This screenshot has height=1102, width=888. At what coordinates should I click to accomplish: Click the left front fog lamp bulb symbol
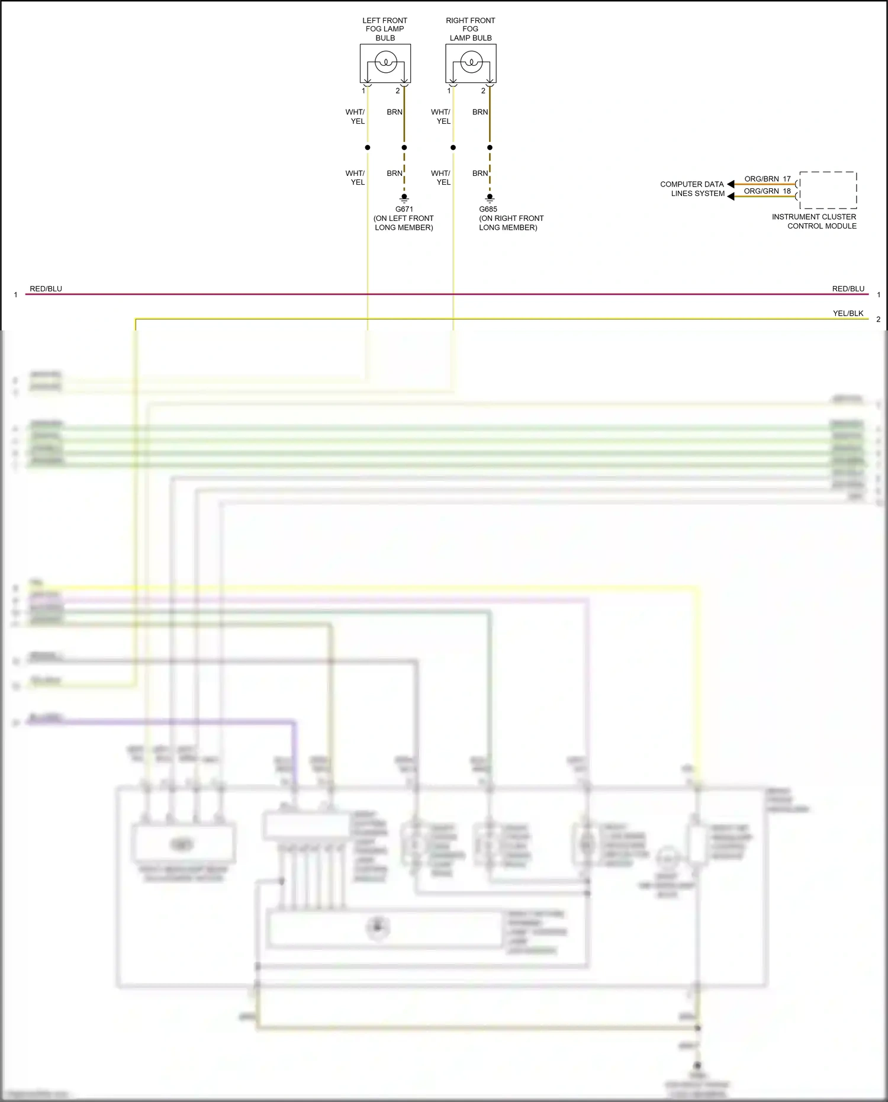(x=385, y=62)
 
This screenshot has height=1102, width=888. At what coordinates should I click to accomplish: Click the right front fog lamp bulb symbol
(x=471, y=62)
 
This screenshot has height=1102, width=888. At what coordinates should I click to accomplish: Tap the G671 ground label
(x=404, y=209)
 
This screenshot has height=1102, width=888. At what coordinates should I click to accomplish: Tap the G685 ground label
(x=488, y=209)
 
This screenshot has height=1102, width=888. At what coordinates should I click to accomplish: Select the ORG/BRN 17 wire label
(x=767, y=179)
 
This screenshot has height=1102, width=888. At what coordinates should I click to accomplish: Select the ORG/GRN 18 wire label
(x=767, y=191)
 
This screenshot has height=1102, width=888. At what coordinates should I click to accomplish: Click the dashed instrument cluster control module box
(x=828, y=190)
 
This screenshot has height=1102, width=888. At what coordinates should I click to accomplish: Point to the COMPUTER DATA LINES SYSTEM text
(x=692, y=189)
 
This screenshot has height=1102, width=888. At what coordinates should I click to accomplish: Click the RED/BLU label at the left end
(x=46, y=289)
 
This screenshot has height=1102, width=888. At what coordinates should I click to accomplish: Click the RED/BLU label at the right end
(x=848, y=289)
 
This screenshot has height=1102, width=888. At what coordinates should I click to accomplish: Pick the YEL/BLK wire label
(x=848, y=313)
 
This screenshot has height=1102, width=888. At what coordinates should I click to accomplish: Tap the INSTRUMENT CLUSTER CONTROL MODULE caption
(x=814, y=221)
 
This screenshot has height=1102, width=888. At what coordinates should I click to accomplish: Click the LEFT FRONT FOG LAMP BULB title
(x=385, y=29)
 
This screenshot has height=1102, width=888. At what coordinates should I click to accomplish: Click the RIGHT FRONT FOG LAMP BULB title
(x=471, y=29)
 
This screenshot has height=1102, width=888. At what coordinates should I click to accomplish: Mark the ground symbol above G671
(x=404, y=198)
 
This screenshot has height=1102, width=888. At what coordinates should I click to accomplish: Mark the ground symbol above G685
(x=490, y=198)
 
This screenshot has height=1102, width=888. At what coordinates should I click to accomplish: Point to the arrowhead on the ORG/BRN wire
(x=731, y=184)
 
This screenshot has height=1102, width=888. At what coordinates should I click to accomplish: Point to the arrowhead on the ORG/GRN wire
(x=731, y=196)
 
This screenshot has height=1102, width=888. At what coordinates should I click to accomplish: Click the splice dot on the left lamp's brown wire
(x=404, y=147)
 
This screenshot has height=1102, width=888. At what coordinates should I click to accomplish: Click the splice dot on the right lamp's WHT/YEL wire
(x=453, y=147)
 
